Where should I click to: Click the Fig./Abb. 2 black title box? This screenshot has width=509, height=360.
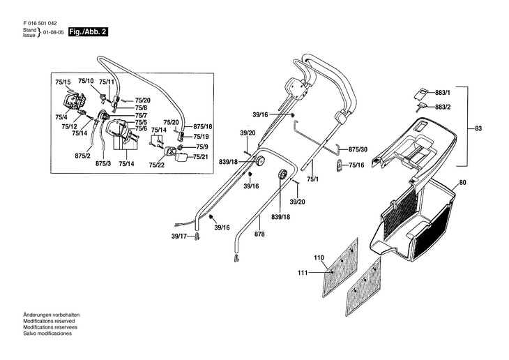pyautogui.click(x=88, y=32)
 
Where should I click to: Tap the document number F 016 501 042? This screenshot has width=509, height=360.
pyautogui.click(x=40, y=24)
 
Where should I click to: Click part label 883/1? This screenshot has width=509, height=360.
pyautogui.click(x=443, y=93)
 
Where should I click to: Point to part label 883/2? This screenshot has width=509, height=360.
pyautogui.click(x=443, y=107)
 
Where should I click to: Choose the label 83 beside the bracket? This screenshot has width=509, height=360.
pyautogui.click(x=478, y=128)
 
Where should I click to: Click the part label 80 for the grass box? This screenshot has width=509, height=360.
pyautogui.click(x=462, y=183)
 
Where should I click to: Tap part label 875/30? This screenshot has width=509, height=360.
pyautogui.click(x=358, y=149)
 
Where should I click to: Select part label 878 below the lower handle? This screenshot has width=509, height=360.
pyautogui.click(x=259, y=234)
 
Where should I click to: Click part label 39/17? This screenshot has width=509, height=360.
pyautogui.click(x=179, y=237)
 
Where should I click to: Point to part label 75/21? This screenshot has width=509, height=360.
pyautogui.click(x=201, y=157)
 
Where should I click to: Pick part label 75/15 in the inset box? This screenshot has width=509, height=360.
pyautogui.click(x=63, y=82)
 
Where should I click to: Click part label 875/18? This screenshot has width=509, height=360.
pyautogui.click(x=203, y=126)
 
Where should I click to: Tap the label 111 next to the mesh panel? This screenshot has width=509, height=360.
pyautogui.click(x=303, y=273)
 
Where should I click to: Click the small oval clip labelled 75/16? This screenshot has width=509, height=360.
pyautogui.click(x=340, y=166)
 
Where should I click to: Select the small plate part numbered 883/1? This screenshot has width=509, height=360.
pyautogui.click(x=422, y=93)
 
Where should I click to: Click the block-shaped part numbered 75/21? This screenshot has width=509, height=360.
pyautogui.click(x=182, y=158)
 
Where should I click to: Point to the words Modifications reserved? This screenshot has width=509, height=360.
pyautogui.click(x=49, y=321)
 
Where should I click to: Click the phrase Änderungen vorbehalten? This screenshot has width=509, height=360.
pyautogui.click(x=52, y=315)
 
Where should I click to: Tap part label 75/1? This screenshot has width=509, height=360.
pyautogui.click(x=312, y=179)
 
